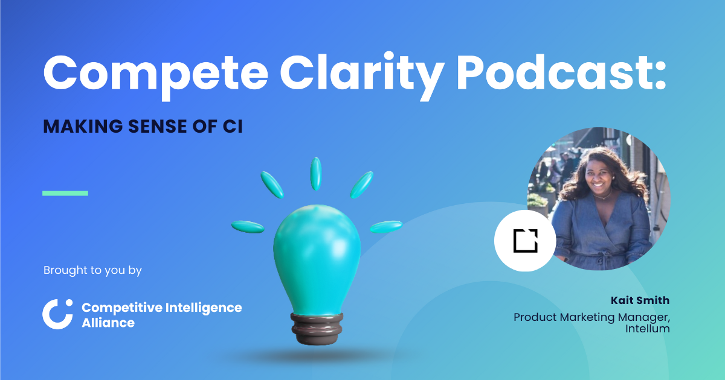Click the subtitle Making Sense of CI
pyautogui.click(x=143, y=127)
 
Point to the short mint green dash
pyautogui.click(x=65, y=193)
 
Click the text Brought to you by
pyautogui.click(x=92, y=270)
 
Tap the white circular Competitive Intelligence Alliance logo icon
pyautogui.click(x=57, y=314)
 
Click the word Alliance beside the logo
pyautogui.click(x=108, y=323)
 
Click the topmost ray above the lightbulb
pyautogui.click(x=316, y=174)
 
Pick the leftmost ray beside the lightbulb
pyautogui.click(x=248, y=227)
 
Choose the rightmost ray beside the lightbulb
pyautogui.click(x=385, y=227)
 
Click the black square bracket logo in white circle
pyautogui.click(x=525, y=241)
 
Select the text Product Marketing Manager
pyautogui.click(x=591, y=317)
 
